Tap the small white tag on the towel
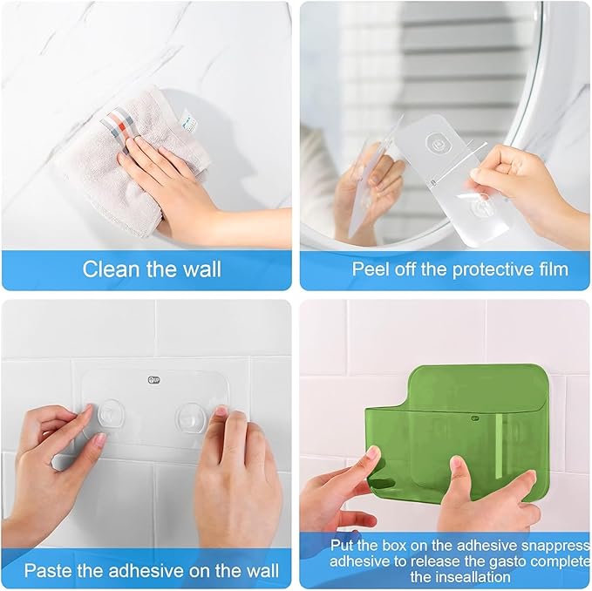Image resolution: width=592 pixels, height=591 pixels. tap(188, 120)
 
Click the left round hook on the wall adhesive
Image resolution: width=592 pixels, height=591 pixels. tap(109, 414)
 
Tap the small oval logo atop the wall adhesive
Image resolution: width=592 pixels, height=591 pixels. tap(154, 380)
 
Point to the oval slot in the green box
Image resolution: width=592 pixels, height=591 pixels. tap(384, 483)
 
